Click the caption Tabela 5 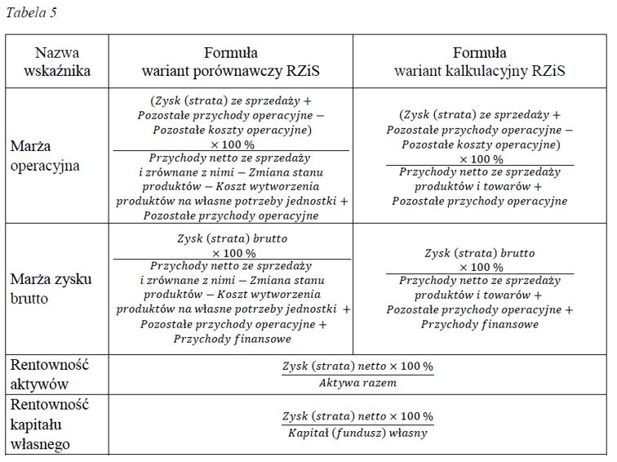[x=32, y=13]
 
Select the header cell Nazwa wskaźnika [x=57, y=61]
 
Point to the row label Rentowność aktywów [x=49, y=375]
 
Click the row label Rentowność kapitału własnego [x=49, y=424]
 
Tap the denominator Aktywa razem [x=357, y=383]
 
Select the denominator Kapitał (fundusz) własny [x=357, y=433]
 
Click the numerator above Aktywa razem [x=357, y=366]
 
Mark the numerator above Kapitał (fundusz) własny [x=357, y=416]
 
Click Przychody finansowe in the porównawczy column [x=232, y=340]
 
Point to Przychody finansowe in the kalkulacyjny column [x=480, y=324]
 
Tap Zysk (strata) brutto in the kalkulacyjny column [x=480, y=253]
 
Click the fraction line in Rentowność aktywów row [x=357, y=375]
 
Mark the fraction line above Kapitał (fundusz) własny [x=357, y=424]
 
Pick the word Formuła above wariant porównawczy [x=232, y=53]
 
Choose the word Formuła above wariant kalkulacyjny [x=480, y=53]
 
